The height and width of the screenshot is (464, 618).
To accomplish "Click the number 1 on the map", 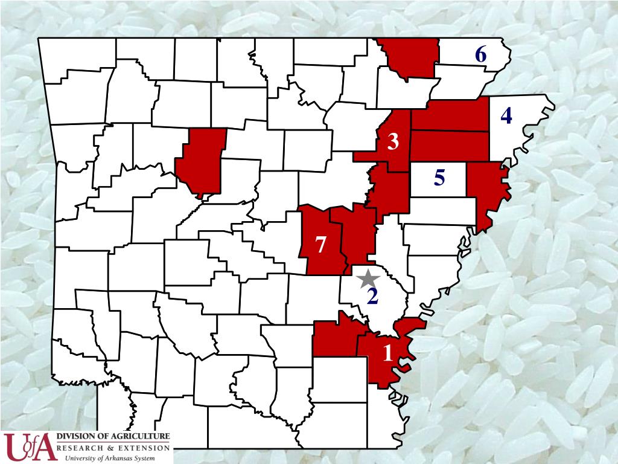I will coord(387,352).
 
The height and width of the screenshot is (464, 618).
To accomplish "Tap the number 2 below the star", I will coord(372,296).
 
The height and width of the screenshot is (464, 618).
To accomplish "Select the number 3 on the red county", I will coord(393,143).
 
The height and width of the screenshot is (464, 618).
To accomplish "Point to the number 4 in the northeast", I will coord(506,115).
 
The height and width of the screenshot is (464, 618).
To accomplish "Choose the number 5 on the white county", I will coord(439,178).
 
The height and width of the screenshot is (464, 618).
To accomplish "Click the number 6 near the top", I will coord(480,55).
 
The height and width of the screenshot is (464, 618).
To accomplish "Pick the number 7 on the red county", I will coord(321,245).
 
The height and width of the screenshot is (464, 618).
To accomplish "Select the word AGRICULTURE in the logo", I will coord(141,436).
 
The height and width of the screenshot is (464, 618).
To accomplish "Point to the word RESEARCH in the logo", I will coord(80,448).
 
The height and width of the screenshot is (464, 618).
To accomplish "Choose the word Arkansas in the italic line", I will coord(123,459).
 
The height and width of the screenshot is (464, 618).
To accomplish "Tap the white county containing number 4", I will coord(510,133).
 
